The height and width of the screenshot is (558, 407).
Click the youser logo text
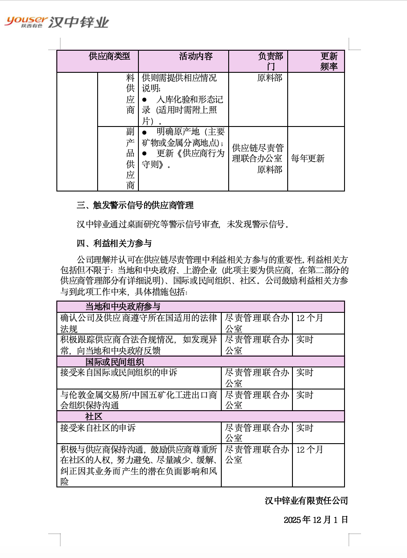26,20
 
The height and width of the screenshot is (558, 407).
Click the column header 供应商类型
109,56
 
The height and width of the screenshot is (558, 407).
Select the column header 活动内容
196,56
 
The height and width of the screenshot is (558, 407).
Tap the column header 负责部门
270,61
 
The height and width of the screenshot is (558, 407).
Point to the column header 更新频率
329,61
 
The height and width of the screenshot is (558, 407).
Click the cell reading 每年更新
308,159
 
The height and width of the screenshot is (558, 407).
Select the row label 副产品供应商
130,159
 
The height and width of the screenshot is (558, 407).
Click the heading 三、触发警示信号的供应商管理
135,205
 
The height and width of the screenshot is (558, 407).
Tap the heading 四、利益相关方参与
114,243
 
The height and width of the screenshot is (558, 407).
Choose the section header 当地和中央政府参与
123,307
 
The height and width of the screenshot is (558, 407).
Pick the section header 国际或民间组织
115,362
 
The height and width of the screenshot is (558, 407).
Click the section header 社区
94,417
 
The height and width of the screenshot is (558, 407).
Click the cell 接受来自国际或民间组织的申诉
118,373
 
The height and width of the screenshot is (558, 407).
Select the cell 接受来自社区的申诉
98,428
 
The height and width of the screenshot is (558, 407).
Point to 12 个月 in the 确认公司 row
309,318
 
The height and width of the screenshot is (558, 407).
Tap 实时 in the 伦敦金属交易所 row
305,395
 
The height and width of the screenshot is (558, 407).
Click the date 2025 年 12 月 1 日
316,520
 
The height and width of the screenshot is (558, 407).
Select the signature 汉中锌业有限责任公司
306,501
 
